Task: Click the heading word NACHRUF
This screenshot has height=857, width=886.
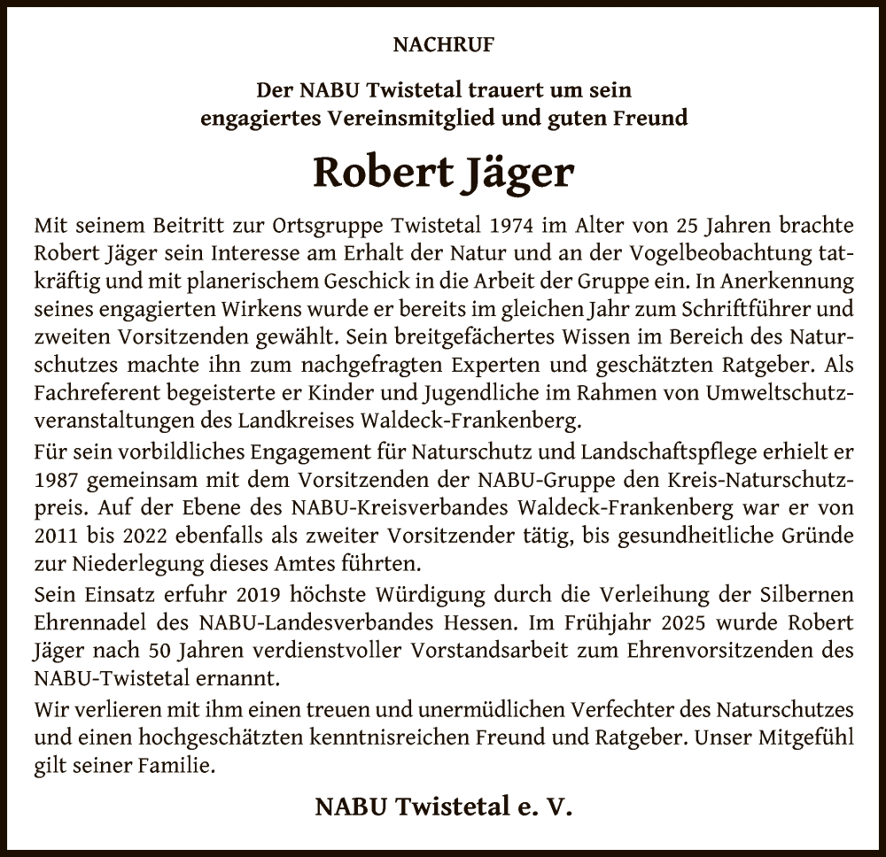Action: [442, 42]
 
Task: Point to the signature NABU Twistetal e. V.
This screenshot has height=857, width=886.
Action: [443, 807]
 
